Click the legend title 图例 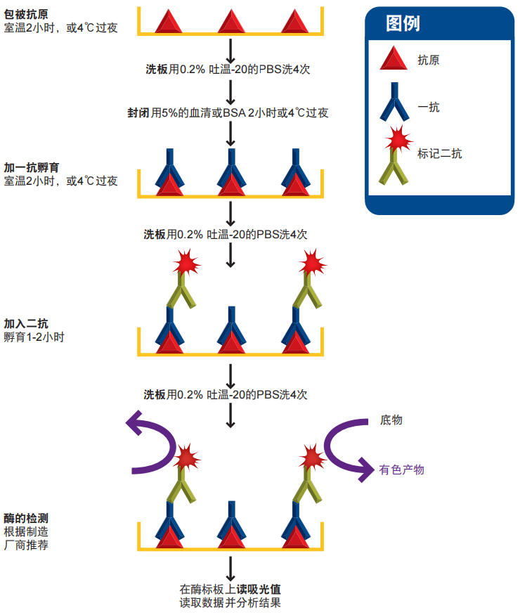pyautogui.click(x=403, y=24)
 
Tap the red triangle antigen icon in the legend pyautogui.click(x=394, y=59)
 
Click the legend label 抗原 pyautogui.click(x=428, y=60)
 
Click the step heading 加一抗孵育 pyautogui.click(x=31, y=168)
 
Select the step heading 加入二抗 pyautogui.click(x=26, y=324)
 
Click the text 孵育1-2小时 pyautogui.click(x=33, y=337)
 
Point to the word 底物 pyautogui.click(x=391, y=420)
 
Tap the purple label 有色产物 pyautogui.click(x=401, y=470)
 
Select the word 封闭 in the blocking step pyautogui.click(x=138, y=112)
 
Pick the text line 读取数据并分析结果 pyautogui.click(x=230, y=603)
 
